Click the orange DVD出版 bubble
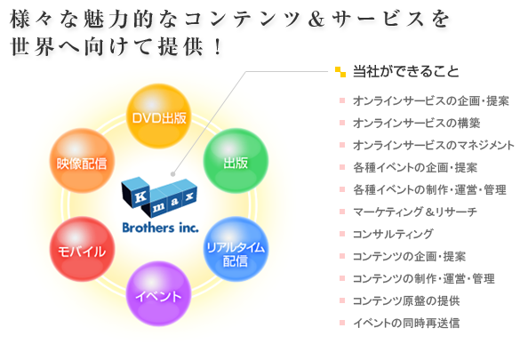tap(158, 116)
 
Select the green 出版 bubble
tap(236, 161)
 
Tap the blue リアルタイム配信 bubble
tap(236, 249)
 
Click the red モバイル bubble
tap(82, 249)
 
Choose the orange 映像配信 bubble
tap(82, 161)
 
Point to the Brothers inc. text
tap(160, 228)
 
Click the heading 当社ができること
tap(405, 71)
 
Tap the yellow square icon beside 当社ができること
tap(340, 72)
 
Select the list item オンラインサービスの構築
tap(417, 123)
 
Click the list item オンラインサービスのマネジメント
tap(434, 145)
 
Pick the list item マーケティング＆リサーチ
tap(415, 212)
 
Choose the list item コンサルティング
tap(393, 234)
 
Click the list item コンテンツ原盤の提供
tap(406, 300)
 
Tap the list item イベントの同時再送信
tap(406, 323)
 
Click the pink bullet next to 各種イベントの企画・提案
tap(342, 167)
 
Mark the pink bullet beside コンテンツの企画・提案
tap(342, 256)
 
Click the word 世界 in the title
tap(33, 47)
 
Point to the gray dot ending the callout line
tap(172, 174)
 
